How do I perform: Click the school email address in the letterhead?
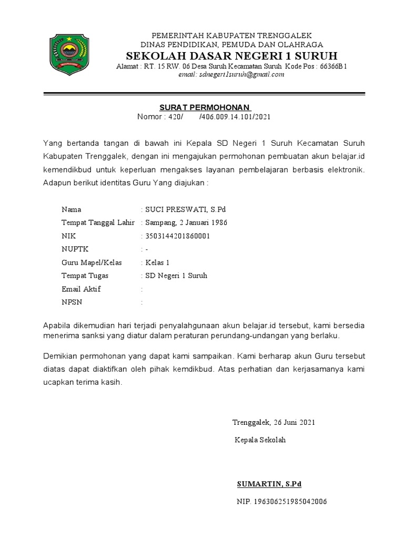231,75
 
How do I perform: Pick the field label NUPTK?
74,249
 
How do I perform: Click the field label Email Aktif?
81,289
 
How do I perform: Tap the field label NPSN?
72,302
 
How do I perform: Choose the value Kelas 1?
158,262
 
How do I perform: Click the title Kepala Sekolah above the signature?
260,440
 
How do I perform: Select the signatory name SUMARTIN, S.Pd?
269,484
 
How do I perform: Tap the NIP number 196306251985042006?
282,502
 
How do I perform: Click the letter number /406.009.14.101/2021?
235,117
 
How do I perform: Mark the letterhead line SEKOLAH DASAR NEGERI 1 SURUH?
231,56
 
